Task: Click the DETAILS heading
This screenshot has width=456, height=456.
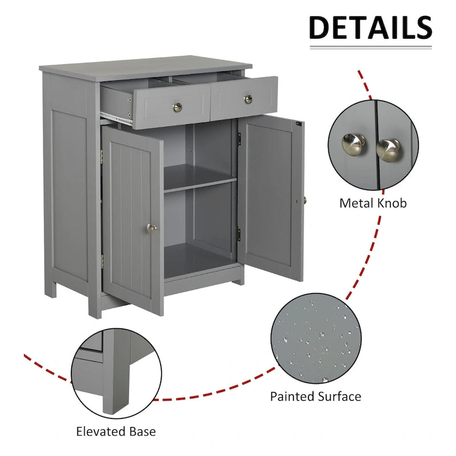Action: (370, 27)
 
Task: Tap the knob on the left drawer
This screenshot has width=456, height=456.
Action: (177, 106)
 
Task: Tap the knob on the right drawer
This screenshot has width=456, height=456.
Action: (248, 99)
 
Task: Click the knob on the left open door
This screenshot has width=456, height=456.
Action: (152, 228)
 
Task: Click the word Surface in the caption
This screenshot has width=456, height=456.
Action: (340, 396)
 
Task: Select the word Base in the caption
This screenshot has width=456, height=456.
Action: (142, 431)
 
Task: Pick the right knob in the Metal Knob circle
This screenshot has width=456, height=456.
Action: (388, 149)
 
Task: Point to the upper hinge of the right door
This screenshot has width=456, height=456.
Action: (240, 138)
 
